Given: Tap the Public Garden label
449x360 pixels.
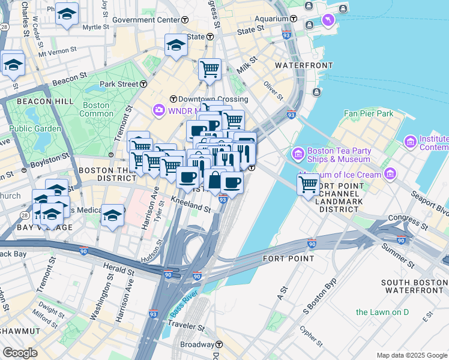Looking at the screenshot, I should click(x=35, y=128).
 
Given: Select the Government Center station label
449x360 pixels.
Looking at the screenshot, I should click(x=146, y=20).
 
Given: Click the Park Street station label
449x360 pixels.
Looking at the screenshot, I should click(x=119, y=84).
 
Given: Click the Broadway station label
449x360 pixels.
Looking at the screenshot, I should click(x=197, y=344).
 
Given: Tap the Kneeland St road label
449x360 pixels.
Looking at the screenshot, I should click(x=191, y=205).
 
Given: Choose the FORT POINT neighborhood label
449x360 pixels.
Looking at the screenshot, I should click(x=288, y=259).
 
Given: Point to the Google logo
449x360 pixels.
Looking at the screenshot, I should click(x=20, y=353).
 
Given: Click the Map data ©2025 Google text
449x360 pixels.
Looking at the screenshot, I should click(x=411, y=355).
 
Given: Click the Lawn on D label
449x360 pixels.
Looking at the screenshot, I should click(x=382, y=312).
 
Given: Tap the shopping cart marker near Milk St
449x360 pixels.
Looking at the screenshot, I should click(x=209, y=70).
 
